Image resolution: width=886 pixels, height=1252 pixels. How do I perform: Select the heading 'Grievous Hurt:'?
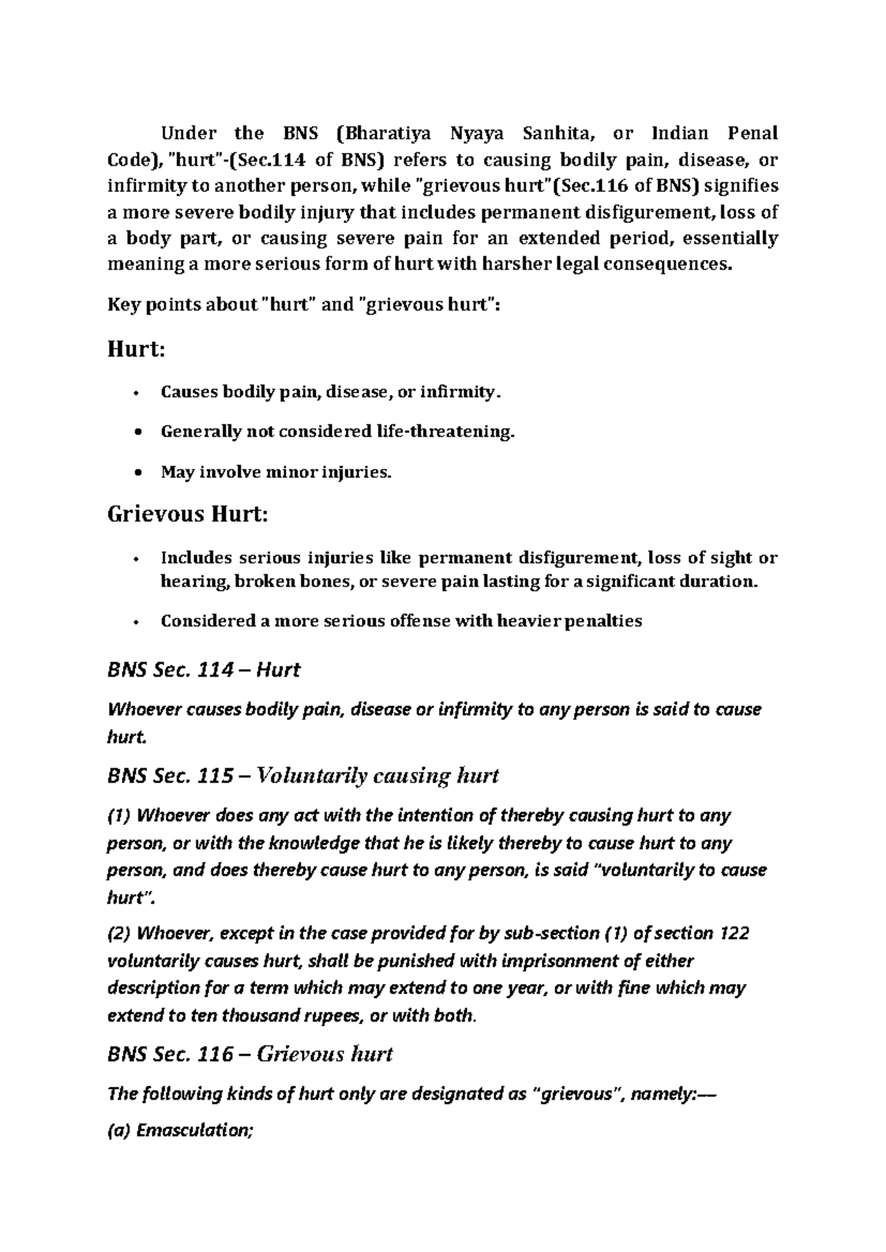pos(188,514)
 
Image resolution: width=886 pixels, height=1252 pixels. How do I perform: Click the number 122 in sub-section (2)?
pos(733,934)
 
